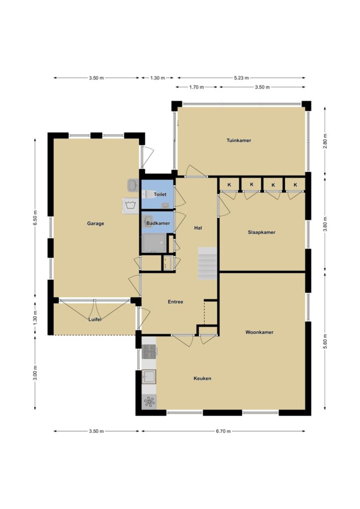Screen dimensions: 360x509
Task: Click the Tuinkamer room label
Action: pos(239,141)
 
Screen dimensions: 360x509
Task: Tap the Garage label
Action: pos(95,223)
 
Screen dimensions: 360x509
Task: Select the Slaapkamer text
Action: pos(262,233)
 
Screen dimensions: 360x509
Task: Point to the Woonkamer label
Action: pos(260,333)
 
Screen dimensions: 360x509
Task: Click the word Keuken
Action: pos(202,378)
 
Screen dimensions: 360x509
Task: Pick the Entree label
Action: pos(176,302)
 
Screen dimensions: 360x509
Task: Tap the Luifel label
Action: pos(95,320)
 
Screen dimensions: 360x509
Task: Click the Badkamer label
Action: pos(158,223)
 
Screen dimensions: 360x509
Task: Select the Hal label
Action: pos(198,228)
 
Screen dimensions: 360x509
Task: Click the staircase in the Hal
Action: pos(207,263)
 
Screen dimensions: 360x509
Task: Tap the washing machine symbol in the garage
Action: pos(131,206)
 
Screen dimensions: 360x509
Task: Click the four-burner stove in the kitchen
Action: pos(149,351)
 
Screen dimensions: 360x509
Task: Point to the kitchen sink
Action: pos(149,377)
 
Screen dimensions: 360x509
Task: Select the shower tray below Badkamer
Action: pos(154,243)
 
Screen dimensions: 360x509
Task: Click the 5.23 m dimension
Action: pos(242,78)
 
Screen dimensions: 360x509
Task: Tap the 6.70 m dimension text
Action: pos(223,431)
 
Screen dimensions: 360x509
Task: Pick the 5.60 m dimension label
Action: pos(325,341)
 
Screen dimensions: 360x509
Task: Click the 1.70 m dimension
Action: pos(197,87)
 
